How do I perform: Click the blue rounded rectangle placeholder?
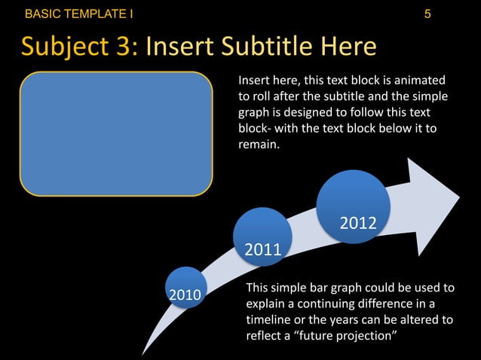(x=116, y=133)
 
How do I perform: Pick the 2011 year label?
(x=262, y=249)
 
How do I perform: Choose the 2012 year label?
(x=358, y=223)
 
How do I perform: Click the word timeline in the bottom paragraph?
(x=269, y=319)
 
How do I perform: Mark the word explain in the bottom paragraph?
(x=267, y=304)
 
